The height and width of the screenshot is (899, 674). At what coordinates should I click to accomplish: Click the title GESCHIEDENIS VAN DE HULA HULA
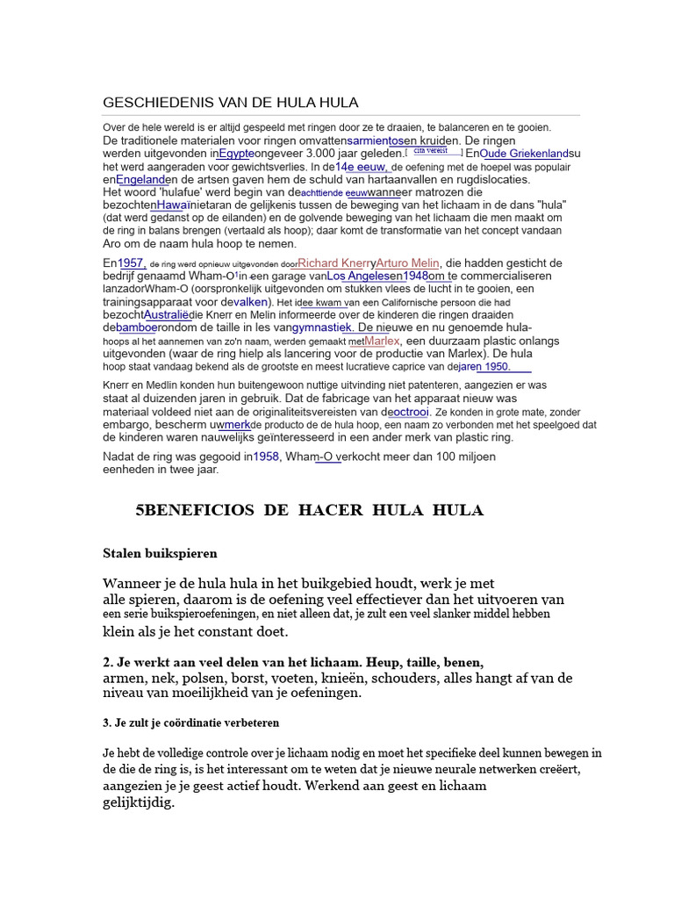[x=231, y=103]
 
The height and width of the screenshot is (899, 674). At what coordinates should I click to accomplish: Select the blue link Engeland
[x=141, y=179]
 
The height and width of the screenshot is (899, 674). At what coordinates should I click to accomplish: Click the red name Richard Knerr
[x=333, y=263]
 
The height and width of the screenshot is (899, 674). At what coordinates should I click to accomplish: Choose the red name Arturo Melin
[x=407, y=263]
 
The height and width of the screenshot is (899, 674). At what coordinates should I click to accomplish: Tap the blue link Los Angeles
[x=358, y=276]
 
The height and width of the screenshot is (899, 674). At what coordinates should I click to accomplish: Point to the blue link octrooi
[x=409, y=412]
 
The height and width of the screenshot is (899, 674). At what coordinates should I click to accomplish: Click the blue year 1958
[x=266, y=457]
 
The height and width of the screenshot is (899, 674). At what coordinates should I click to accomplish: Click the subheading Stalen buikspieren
[x=160, y=553]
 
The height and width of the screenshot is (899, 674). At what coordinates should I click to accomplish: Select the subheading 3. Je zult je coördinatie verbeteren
[x=191, y=723]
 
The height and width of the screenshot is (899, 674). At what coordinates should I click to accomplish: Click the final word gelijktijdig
[x=139, y=802]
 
